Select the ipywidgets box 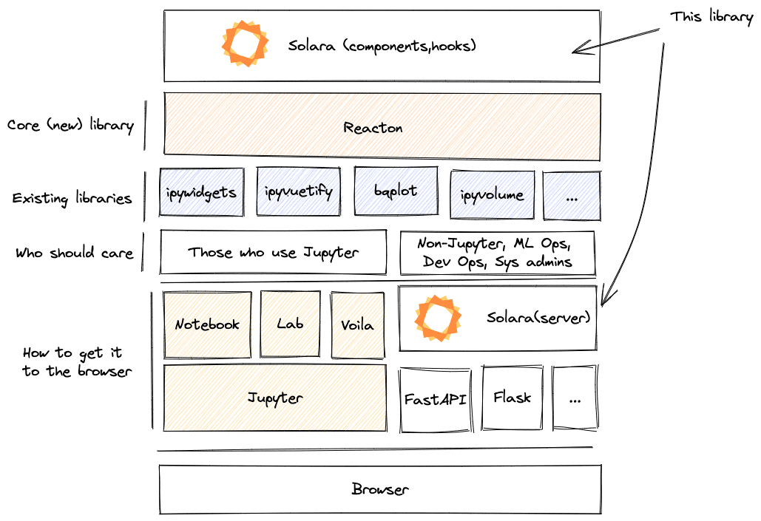click(201, 192)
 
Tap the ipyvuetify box click(298, 192)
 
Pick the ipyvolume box click(492, 195)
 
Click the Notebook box click(207, 324)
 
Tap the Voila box click(358, 324)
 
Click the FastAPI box click(435, 399)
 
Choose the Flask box click(513, 398)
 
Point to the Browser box click(380, 489)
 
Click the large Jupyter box click(274, 398)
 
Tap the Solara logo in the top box click(245, 44)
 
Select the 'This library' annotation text click(711, 16)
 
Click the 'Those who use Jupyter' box click(273, 253)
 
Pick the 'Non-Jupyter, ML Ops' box click(497, 253)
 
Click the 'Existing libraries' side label click(72, 199)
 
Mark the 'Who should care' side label click(74, 253)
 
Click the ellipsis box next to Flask click(576, 399)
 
